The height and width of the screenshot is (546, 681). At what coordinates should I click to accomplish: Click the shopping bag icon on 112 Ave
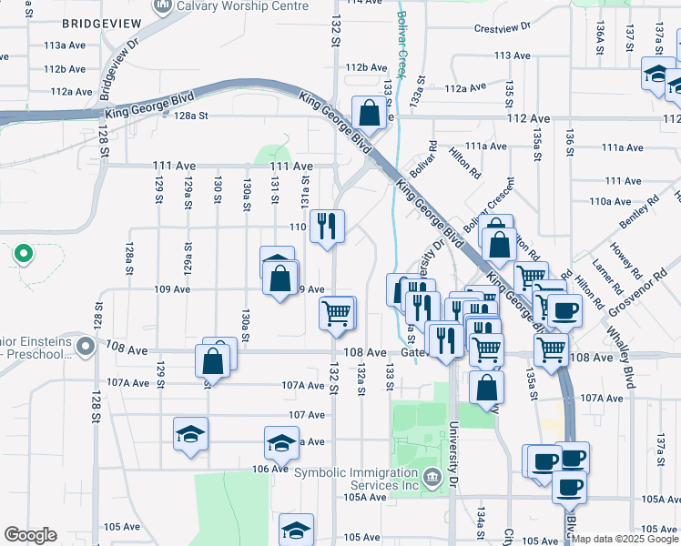370,114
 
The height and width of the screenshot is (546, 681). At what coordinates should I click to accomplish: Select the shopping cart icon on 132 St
337,313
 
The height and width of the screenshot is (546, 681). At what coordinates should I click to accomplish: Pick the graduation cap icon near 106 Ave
281,443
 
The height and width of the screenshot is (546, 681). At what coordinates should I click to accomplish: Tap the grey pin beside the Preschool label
86,347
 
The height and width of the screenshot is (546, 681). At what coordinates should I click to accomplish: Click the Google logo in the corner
31,535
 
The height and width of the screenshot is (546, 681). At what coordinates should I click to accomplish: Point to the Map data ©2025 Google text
624,539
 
